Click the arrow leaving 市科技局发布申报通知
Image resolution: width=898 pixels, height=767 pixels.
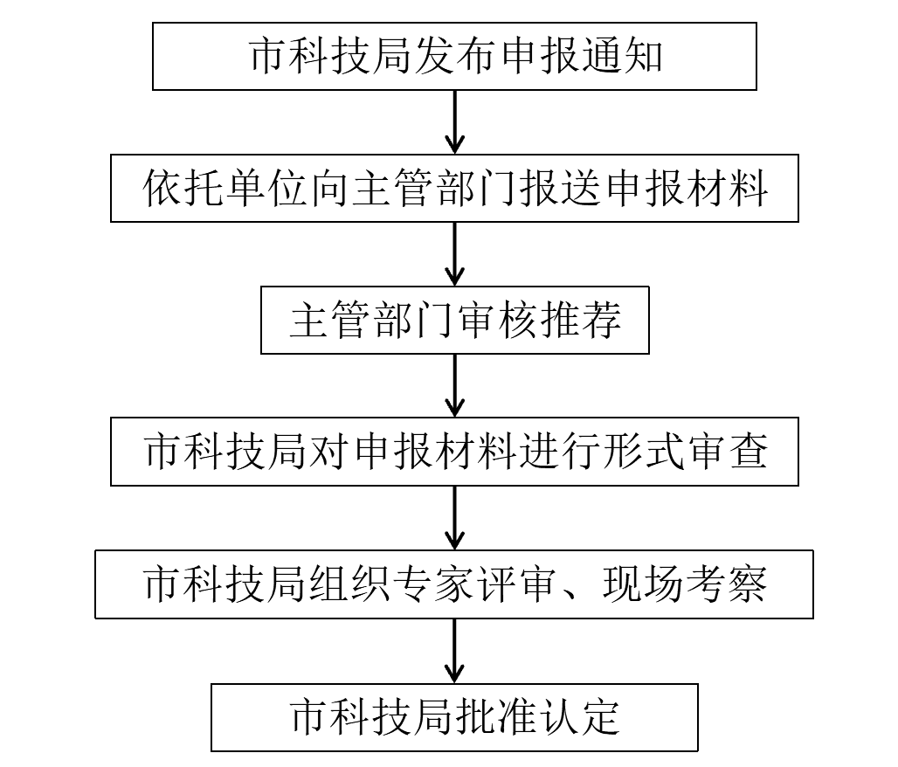(455, 122)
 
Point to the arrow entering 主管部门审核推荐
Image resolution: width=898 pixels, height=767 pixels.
(455, 253)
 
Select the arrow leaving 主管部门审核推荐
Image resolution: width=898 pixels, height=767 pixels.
(455, 385)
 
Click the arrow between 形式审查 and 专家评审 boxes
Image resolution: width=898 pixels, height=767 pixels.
(455, 518)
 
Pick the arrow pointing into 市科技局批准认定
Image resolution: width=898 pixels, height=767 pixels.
(455, 651)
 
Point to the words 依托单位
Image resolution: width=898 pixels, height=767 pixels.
(225, 189)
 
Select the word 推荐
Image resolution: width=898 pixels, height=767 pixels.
(579, 321)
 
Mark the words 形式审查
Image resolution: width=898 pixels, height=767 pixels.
(684, 452)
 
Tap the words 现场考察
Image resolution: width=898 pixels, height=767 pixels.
(684, 584)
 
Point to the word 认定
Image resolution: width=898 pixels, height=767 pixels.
(579, 717)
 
